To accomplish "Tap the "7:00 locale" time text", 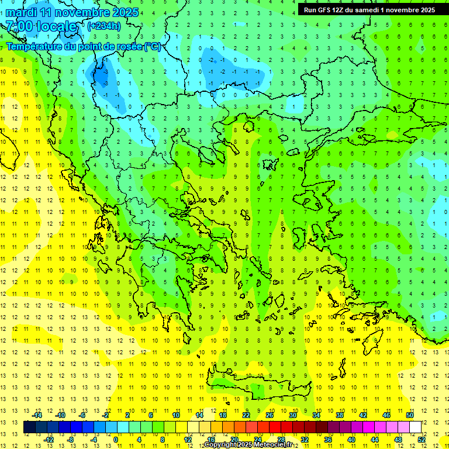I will point(42,26).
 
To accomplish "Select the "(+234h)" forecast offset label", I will point(104,26).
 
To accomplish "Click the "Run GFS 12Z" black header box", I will point(369,10).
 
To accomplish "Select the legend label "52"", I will point(422,439).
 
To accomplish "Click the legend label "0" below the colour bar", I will point(116,439).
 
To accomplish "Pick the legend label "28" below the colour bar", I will point(281,439).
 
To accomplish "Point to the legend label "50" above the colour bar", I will point(410,415).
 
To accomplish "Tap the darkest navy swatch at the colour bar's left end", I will point(29,427).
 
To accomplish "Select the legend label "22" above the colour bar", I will point(246,415).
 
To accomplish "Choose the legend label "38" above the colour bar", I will point(340,415).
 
